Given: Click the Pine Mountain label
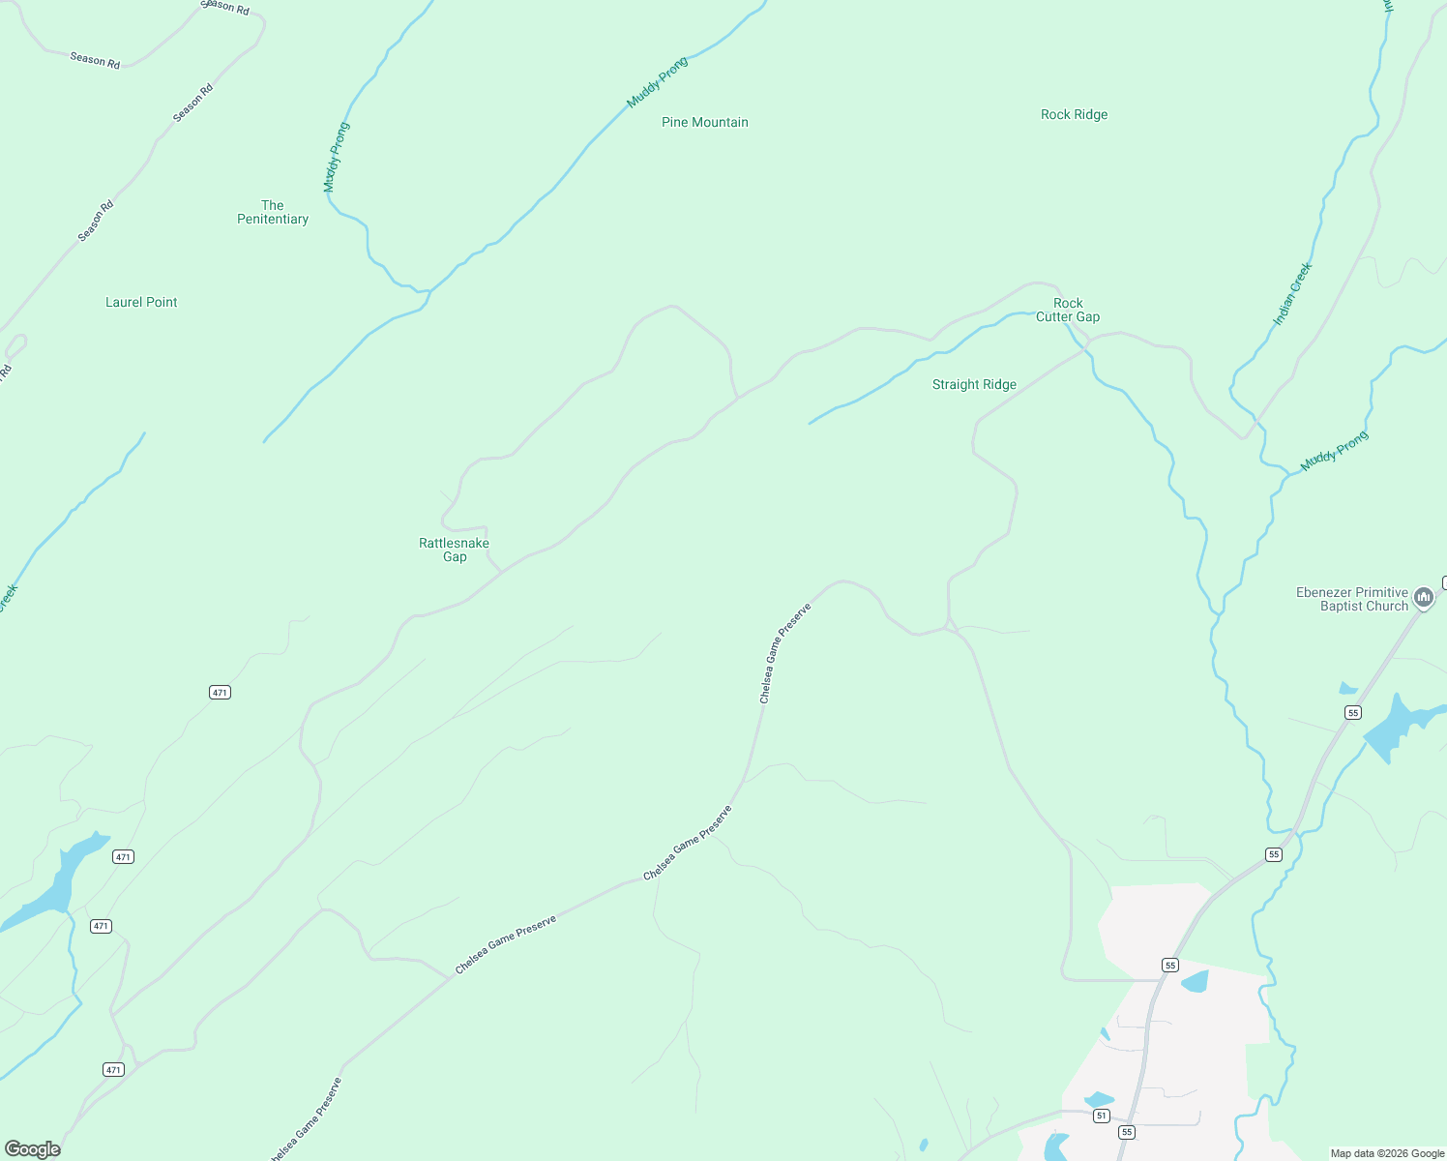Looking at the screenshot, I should click(704, 122).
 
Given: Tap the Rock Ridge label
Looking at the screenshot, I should click(1074, 114).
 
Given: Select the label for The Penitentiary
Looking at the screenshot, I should click(273, 212).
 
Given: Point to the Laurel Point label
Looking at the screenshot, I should click(141, 302).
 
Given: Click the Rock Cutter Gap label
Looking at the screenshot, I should click(1068, 310).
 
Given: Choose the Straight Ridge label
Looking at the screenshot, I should click(974, 384).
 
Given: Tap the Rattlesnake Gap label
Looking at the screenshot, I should click(454, 550).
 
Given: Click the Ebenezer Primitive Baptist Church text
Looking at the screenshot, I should click(1352, 599).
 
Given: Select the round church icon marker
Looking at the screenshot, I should click(1423, 598).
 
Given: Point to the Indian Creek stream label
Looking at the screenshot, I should click(1292, 293).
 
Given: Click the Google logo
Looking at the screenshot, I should click(33, 1149).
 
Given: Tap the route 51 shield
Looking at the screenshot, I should click(1101, 1116).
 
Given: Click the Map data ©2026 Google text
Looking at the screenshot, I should click(1387, 1153).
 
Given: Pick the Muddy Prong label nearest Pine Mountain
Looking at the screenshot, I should click(658, 82).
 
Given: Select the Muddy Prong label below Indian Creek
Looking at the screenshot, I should click(1334, 451).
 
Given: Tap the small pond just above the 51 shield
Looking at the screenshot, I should click(1099, 1099).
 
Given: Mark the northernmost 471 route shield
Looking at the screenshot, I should click(220, 692).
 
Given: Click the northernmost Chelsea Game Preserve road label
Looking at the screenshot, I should click(784, 653).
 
